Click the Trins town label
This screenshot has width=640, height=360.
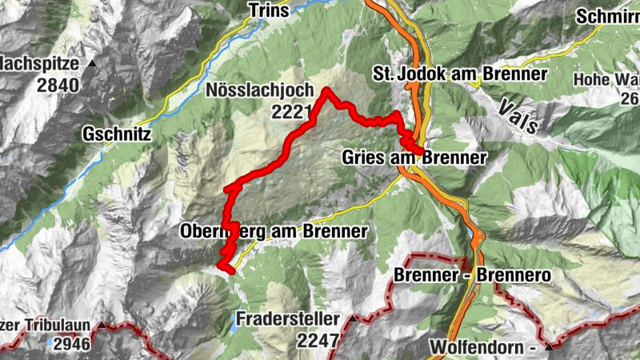(268, 10)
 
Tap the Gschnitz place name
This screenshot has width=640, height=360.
(117, 136)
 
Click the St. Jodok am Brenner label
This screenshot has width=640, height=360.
(460, 74)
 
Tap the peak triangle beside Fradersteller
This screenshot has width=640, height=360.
(353, 319)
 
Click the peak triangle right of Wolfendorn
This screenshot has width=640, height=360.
(549, 348)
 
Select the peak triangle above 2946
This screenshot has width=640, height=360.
(103, 326)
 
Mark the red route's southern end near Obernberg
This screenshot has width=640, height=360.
(231, 271)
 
